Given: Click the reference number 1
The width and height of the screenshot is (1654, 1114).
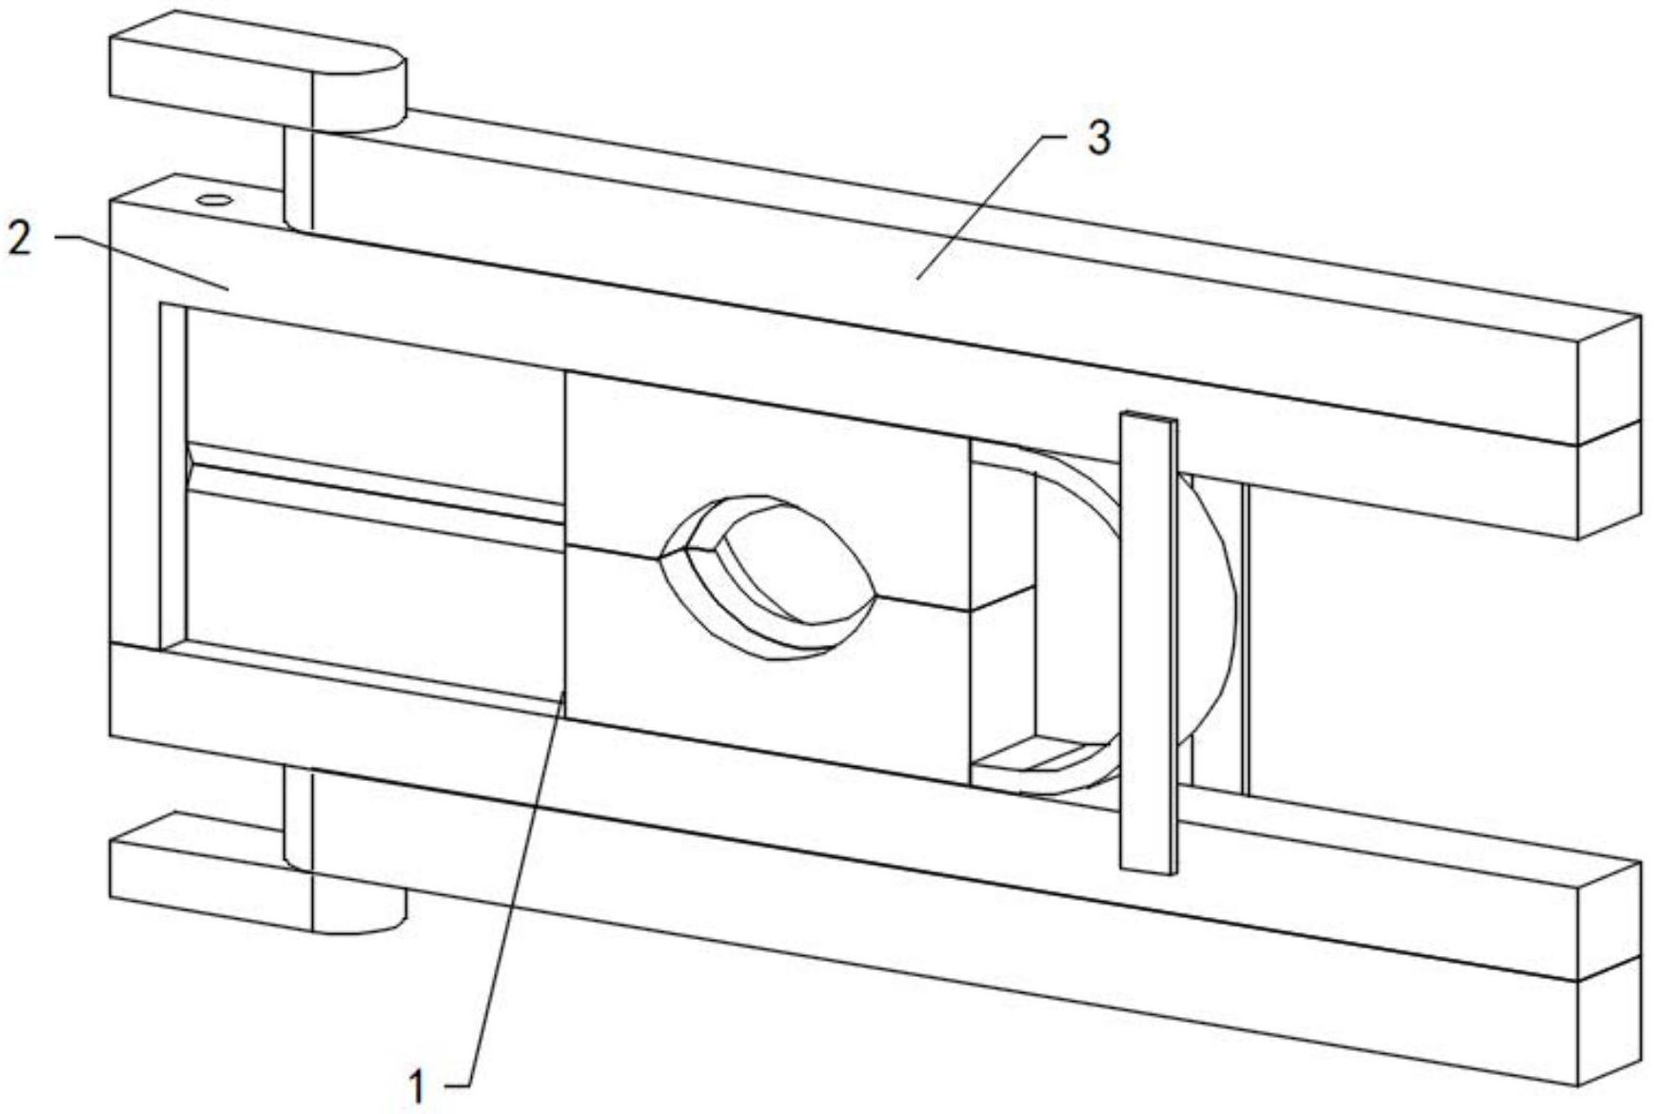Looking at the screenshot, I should coord(416,1085).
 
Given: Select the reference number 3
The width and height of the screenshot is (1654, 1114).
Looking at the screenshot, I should coord(1098,139).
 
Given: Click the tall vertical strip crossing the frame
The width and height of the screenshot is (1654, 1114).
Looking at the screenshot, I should coord(1147,642).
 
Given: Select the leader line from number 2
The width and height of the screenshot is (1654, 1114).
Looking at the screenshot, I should coord(143,262).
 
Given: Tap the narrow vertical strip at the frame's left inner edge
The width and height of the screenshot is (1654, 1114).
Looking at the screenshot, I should coord(172,476).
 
